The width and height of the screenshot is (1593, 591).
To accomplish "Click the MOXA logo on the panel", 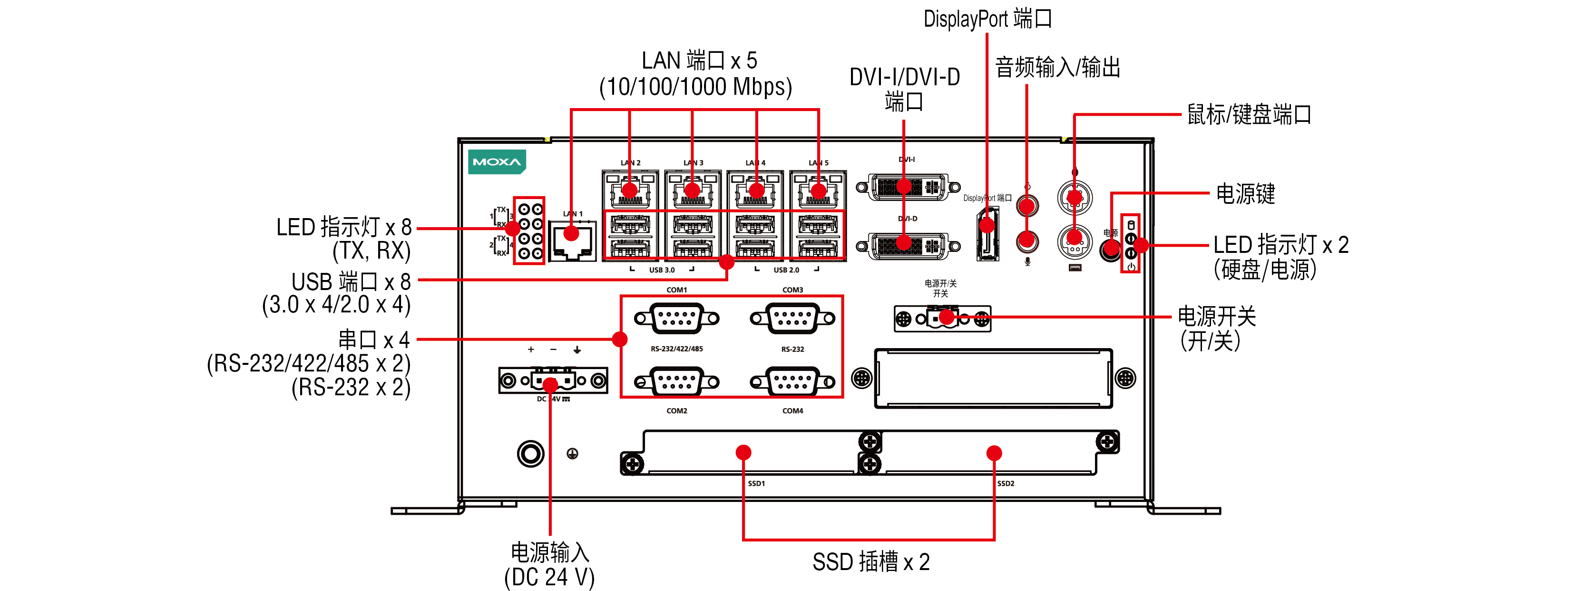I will click(497, 162).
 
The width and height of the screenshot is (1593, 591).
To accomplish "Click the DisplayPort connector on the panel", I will click(987, 235).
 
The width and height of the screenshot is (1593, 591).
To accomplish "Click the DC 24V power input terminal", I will click(553, 380).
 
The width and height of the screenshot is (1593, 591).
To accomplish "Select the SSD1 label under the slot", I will click(756, 483).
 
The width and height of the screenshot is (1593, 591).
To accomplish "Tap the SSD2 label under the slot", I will click(1006, 483).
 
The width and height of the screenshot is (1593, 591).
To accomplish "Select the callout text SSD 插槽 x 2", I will click(871, 562).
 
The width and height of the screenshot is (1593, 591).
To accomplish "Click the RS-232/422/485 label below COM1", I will click(676, 349).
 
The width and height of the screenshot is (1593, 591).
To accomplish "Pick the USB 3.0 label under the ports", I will click(662, 270).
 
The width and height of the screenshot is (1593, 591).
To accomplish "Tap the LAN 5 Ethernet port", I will click(818, 189).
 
